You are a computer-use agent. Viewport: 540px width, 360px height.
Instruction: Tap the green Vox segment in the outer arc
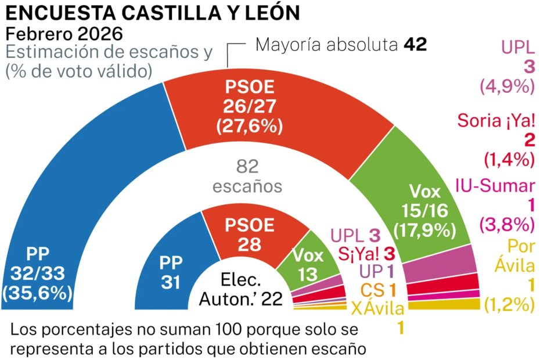(x=406, y=186)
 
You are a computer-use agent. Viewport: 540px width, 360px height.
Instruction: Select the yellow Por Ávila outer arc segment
(x=459, y=305)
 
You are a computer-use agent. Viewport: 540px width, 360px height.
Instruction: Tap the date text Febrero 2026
(x=64, y=33)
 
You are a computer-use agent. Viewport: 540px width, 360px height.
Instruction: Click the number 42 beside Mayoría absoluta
(x=415, y=45)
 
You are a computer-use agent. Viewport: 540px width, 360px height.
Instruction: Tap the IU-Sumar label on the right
(x=495, y=186)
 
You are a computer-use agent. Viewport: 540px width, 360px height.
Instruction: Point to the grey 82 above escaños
(x=248, y=167)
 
